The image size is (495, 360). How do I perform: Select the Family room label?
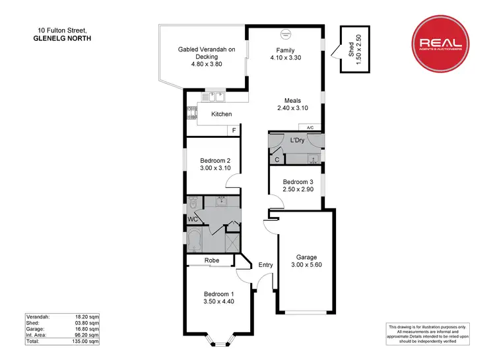[x=285, y=50]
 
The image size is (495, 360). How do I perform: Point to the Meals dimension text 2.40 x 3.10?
[x=288, y=108]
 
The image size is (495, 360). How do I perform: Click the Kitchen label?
[x=221, y=114]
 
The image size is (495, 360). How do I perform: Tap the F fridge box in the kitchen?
[x=234, y=131]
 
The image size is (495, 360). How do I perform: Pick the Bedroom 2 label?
[x=214, y=160]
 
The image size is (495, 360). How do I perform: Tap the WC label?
[x=193, y=218]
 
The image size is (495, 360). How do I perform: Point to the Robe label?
[x=212, y=260]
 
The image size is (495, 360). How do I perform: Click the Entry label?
[x=265, y=265]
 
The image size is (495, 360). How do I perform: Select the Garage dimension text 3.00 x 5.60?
[x=306, y=265]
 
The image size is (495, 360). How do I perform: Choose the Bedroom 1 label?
[x=218, y=293]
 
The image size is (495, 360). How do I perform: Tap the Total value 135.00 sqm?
[x=88, y=342]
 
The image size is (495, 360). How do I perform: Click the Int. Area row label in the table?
[x=37, y=335]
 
